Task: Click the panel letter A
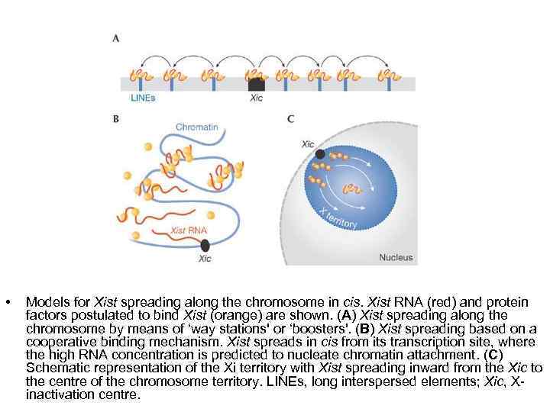[115, 38]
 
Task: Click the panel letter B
[115, 118]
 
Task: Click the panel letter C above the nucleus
[290, 118]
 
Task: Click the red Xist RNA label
[188, 230]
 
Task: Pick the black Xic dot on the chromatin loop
[205, 245]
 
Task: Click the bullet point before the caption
[8, 303]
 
